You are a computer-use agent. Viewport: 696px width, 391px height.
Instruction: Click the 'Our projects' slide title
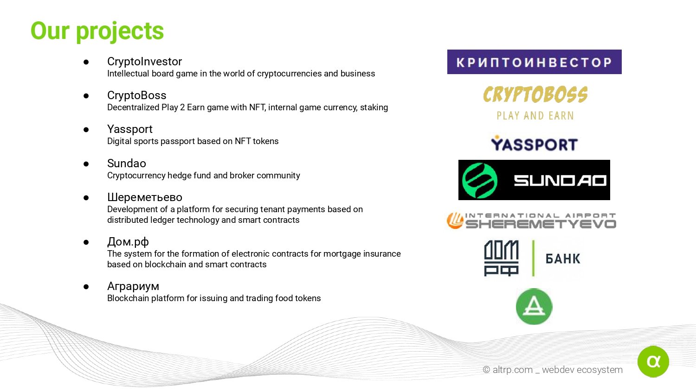[97, 32]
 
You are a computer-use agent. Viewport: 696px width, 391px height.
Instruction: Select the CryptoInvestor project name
[144, 62]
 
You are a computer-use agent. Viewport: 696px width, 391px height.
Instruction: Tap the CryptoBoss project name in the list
[137, 95]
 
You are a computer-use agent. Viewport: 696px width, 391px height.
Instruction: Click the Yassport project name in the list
[130, 129]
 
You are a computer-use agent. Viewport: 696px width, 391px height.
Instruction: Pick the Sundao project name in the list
[127, 163]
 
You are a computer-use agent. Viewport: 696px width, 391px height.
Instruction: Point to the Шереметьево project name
[145, 197]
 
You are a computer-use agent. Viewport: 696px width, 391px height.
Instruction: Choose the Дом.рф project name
[128, 242]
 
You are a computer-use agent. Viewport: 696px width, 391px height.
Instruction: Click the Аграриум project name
[133, 286]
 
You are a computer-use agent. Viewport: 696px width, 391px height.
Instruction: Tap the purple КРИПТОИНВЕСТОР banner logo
[535, 62]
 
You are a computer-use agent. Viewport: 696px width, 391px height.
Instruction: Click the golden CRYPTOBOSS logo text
[535, 95]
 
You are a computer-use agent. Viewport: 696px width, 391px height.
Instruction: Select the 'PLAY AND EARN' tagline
[535, 116]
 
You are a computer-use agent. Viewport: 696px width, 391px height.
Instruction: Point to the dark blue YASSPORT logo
[534, 144]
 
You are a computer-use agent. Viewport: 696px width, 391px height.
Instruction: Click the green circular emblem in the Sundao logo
[480, 180]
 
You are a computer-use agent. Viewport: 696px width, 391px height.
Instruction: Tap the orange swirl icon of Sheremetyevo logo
[455, 221]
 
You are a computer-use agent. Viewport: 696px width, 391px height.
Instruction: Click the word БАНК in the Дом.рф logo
[563, 259]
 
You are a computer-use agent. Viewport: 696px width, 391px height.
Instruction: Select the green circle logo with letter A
[534, 307]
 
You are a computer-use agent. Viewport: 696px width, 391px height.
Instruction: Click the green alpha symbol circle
[653, 361]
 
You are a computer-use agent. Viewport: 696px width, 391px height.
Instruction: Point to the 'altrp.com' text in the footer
[513, 370]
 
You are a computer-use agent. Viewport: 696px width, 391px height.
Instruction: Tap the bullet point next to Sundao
[86, 164]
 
